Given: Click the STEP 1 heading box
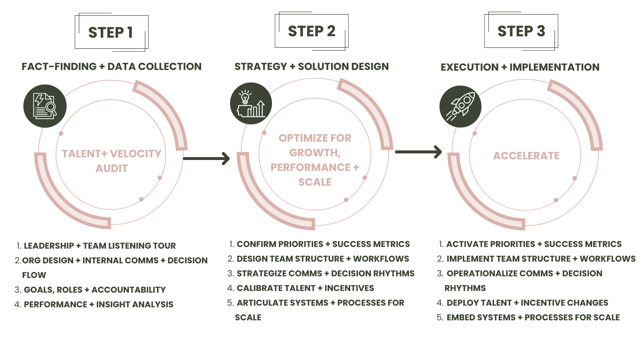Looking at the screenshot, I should [111, 32].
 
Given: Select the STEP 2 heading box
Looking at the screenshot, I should [312, 31].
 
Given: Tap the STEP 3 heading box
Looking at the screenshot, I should [521, 31].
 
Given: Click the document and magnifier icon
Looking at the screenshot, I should [45, 106].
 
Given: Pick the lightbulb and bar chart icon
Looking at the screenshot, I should [251, 104].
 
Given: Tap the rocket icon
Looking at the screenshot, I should [460, 106].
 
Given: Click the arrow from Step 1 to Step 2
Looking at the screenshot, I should [206, 158].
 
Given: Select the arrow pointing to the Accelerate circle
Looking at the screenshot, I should [418, 152].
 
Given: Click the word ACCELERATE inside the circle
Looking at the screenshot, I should [526, 156].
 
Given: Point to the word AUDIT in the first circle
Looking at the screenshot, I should [112, 168].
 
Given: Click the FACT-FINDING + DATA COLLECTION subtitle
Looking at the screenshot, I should [112, 67].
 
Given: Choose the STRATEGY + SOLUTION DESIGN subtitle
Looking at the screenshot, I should [312, 67].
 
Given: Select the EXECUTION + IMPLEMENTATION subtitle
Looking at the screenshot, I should [520, 67].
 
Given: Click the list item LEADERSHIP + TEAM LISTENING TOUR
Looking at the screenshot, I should [100, 246].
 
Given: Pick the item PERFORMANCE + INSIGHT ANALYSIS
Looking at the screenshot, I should [98, 304].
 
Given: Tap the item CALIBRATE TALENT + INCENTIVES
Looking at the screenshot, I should [305, 288].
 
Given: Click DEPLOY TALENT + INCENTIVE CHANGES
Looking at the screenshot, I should [527, 303].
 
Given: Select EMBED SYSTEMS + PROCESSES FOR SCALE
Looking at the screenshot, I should [533, 317].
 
